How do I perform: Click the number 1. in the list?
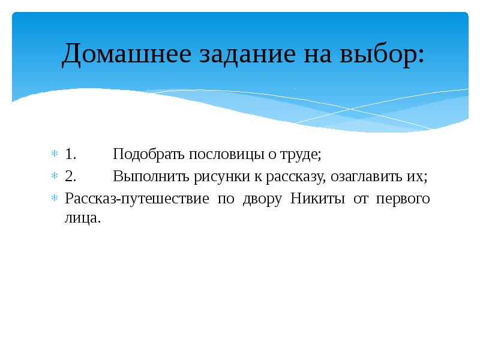click(70, 154)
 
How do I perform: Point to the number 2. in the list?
click(70, 176)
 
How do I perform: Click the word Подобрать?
click(149, 154)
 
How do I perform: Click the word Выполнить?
click(151, 176)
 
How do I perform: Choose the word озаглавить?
click(362, 176)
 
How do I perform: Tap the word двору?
click(262, 199)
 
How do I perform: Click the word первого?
click(403, 199)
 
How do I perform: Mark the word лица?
click(82, 219)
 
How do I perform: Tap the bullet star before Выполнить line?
click(53, 176)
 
